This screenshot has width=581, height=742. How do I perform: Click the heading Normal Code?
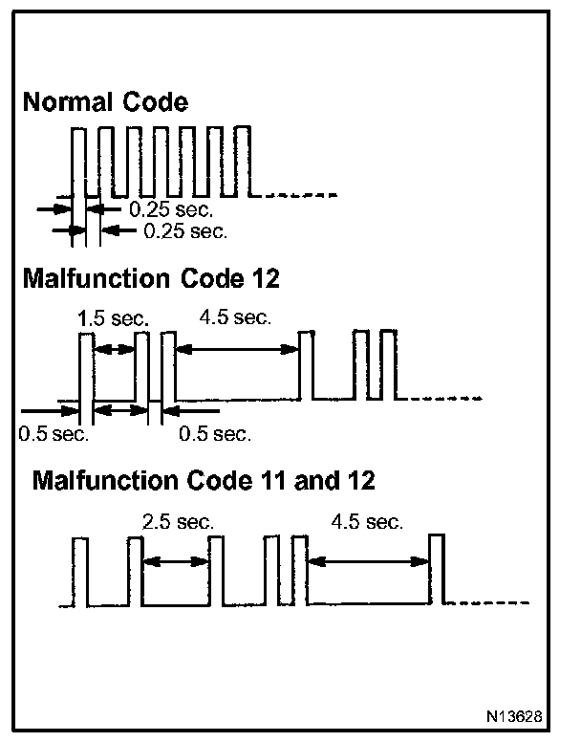pos(105,102)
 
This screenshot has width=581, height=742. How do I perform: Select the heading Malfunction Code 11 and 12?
pos(204,479)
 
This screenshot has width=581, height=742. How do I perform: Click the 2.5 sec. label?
pos(178,522)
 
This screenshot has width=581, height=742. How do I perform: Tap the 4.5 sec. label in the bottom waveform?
pos(366,522)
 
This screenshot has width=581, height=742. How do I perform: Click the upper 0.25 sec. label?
pos(171,208)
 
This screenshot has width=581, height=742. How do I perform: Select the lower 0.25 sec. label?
pos(185,230)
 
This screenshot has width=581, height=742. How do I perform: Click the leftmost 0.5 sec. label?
pos(54,434)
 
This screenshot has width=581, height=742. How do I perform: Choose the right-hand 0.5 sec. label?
pos(215,434)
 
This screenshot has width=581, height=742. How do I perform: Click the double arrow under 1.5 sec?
pos(115,351)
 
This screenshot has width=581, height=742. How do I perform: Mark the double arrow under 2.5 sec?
pos(176,562)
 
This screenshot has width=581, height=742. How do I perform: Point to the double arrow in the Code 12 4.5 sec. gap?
pos(238,351)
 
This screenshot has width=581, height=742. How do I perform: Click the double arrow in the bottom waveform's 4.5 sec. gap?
pos(368,562)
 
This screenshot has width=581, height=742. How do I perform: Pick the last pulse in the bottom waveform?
pos(437,570)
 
